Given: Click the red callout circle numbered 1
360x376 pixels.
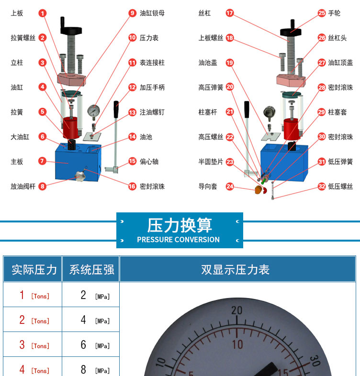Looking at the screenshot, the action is click(43, 13).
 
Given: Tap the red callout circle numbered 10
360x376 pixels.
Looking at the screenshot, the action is click(132, 38).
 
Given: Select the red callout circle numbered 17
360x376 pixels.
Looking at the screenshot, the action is click(230, 13).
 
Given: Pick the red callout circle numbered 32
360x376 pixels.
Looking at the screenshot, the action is click(322, 186).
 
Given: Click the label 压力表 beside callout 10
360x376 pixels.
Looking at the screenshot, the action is click(149, 38).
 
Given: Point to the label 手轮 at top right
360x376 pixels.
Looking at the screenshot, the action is click(334, 13).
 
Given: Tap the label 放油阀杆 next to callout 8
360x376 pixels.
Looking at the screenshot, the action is click(23, 186).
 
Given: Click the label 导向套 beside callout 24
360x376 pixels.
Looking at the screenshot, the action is click(208, 186).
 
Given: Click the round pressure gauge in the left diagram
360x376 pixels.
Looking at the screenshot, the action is click(94, 111).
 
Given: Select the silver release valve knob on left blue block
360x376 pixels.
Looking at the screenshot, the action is click(80, 176).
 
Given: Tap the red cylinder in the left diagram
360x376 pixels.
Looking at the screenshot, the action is click(70, 128).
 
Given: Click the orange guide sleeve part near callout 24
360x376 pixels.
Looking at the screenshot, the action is click(258, 190).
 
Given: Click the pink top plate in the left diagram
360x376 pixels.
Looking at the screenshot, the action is click(71, 79).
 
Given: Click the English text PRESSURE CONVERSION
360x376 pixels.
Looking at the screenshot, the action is click(178, 240).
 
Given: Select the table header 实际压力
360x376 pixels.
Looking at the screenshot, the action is click(34, 269).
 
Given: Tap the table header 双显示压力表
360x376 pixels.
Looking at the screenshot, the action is click(235, 269).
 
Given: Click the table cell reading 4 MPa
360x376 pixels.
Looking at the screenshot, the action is click(91, 320).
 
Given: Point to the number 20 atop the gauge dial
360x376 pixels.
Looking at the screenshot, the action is click(237, 310).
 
